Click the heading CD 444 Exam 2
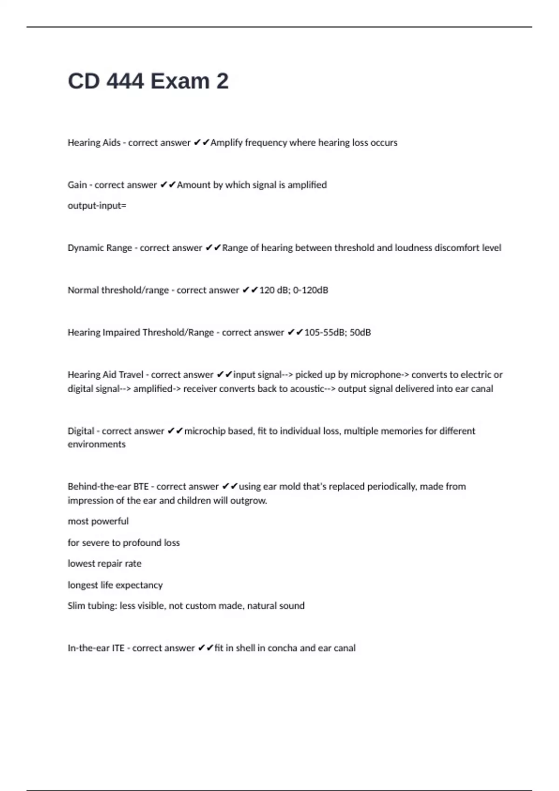click(x=148, y=81)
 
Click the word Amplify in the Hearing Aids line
click(x=226, y=143)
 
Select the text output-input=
click(x=97, y=206)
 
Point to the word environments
click(x=96, y=444)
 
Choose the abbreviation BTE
click(x=141, y=487)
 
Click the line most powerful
click(x=98, y=522)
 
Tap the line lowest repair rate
click(x=104, y=563)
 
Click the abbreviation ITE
click(x=118, y=648)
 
